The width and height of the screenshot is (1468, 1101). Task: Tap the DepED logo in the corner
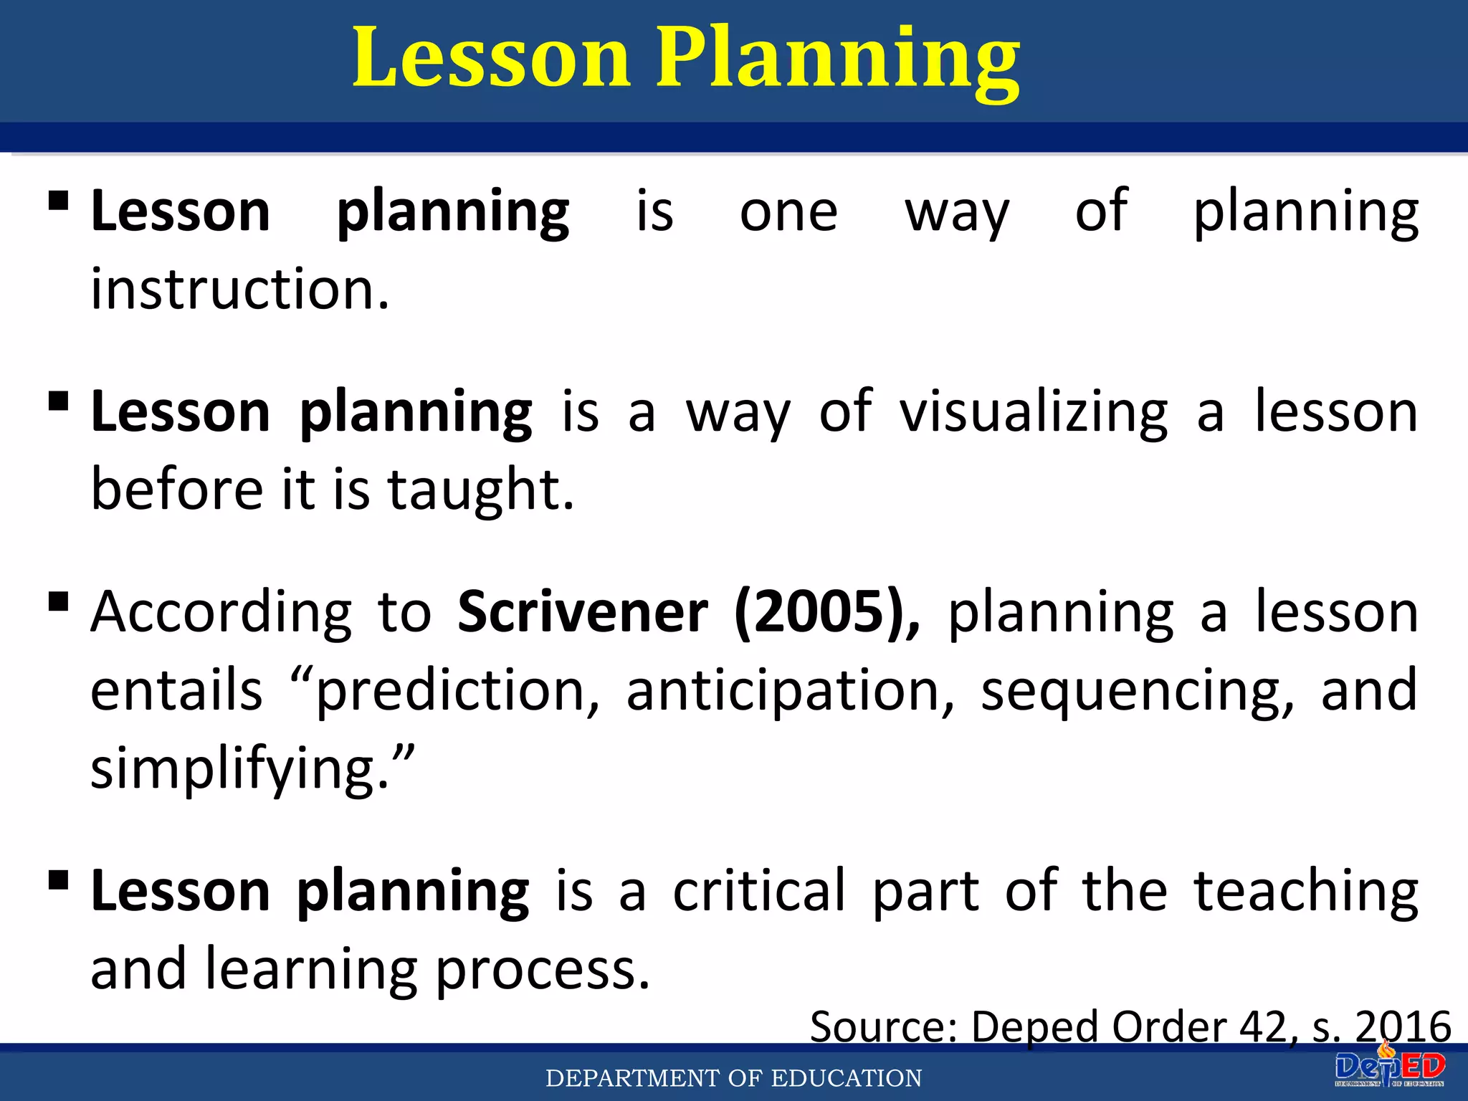pos(1389,1069)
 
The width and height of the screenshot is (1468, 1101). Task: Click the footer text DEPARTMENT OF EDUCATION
pos(733,1078)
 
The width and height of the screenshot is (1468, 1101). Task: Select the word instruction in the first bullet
pos(239,289)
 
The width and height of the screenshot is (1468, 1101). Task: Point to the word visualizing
pos(1033,412)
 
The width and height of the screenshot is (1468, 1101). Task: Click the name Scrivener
pos(582,612)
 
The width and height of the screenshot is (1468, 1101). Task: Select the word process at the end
pos(542,969)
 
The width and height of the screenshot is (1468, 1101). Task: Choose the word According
pos(221,612)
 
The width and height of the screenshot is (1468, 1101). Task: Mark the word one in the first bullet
pos(788,212)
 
